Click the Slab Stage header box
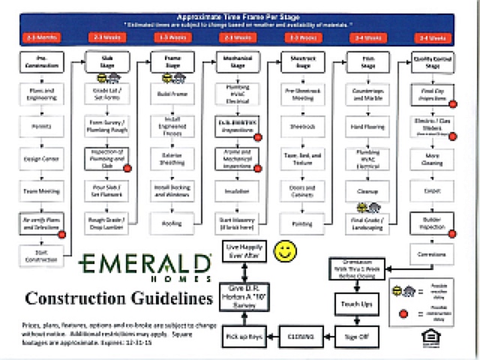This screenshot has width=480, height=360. [106, 61]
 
